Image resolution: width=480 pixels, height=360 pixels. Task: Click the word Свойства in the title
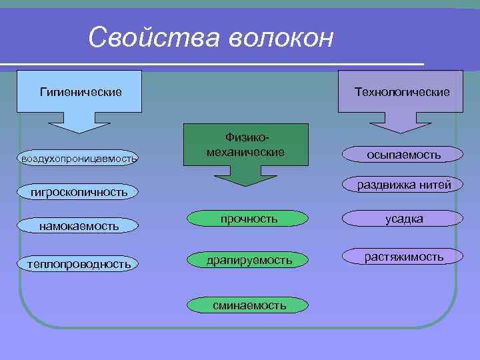(x=153, y=37)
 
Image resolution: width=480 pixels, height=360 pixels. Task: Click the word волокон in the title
(x=281, y=37)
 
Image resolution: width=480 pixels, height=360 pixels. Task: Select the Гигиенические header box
(x=81, y=91)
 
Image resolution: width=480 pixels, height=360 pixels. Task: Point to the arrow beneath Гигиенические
(x=81, y=123)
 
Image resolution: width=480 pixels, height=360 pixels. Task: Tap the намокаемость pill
(x=79, y=226)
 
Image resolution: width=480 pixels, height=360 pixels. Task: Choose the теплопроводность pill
(x=79, y=264)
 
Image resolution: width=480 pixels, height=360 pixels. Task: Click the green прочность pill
(x=249, y=219)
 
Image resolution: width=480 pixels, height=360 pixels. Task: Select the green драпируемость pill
(x=249, y=259)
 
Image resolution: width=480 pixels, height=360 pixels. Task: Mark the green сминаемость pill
(x=249, y=305)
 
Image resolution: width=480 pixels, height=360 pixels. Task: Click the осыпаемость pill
(x=403, y=155)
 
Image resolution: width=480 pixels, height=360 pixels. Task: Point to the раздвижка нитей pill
(x=403, y=185)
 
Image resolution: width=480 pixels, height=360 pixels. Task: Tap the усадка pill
(x=403, y=219)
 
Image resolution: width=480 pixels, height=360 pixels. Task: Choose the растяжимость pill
(x=403, y=257)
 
